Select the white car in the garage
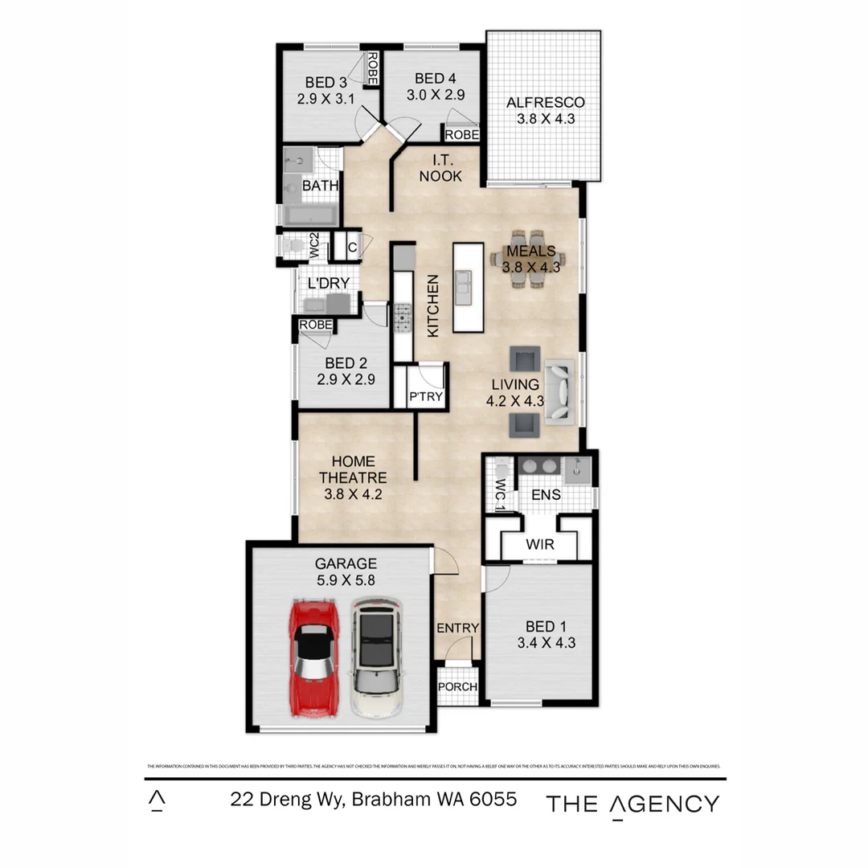click(x=375, y=657)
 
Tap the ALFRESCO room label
click(x=545, y=103)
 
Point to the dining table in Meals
click(x=528, y=258)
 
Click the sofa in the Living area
click(x=560, y=391)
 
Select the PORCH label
click(x=457, y=687)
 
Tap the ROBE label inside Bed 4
click(x=462, y=135)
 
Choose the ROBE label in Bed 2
click(x=316, y=324)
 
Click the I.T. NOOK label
click(x=440, y=168)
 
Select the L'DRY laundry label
click(x=323, y=283)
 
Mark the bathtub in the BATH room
click(x=310, y=215)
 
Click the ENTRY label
click(x=457, y=628)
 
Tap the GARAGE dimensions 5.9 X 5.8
click(x=346, y=579)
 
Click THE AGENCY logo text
click(x=633, y=804)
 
